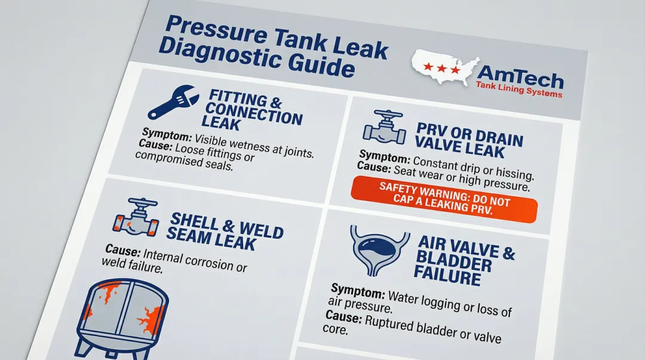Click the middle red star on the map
point(441,68)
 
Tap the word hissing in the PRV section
point(514,176)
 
